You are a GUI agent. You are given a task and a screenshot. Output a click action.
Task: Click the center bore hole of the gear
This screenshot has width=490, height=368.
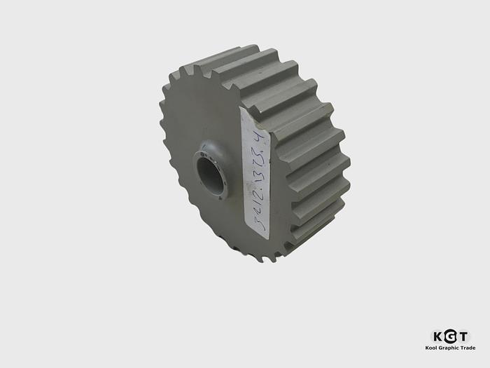click(x=210, y=175)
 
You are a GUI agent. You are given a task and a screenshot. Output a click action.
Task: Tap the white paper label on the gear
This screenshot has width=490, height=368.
click(x=255, y=172)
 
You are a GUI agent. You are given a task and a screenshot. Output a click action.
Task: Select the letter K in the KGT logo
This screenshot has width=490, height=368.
click(x=437, y=336)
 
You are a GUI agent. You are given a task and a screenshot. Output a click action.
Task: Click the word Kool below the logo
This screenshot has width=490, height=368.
click(x=433, y=348)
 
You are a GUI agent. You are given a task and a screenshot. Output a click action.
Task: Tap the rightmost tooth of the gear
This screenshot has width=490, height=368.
click(x=344, y=165)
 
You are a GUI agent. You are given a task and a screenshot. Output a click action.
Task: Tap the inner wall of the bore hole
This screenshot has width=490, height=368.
click(x=205, y=172)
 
